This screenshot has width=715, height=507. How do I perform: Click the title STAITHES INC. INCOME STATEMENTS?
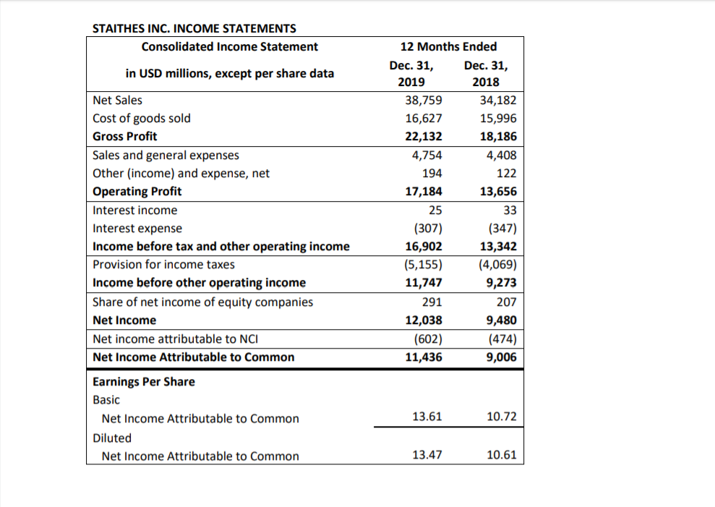[x=194, y=28]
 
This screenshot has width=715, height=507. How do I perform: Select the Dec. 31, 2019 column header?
[x=411, y=73]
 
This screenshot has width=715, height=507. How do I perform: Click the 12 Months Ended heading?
[x=448, y=46]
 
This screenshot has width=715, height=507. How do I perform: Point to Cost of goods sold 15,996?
[x=499, y=118]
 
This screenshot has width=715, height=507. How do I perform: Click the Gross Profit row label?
[x=125, y=136]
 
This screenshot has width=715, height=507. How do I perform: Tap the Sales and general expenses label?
[x=166, y=155]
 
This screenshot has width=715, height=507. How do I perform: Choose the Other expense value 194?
[x=433, y=174]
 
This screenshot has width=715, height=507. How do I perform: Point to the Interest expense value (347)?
[x=501, y=229]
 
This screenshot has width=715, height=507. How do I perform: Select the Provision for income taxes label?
[x=164, y=265]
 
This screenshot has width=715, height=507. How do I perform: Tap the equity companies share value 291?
[x=433, y=302]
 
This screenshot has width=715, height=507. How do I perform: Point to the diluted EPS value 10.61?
[x=502, y=455]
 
